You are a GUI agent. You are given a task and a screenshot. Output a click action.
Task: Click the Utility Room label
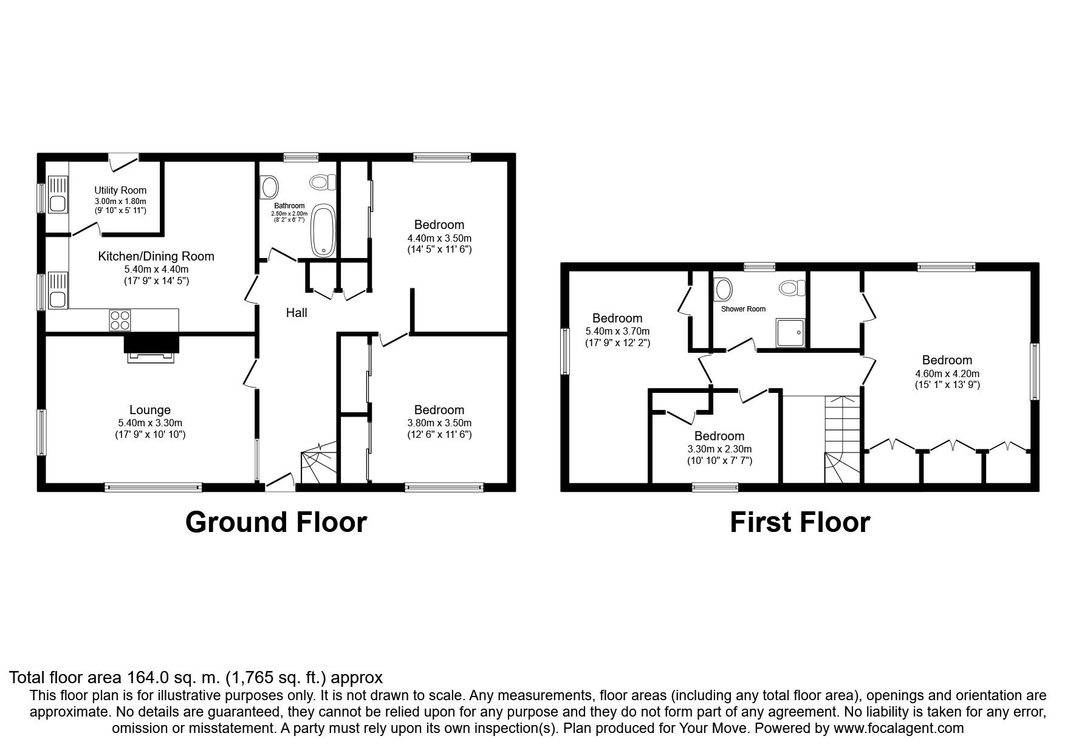tap(120, 190)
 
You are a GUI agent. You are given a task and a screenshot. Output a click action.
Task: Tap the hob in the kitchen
tap(120, 319)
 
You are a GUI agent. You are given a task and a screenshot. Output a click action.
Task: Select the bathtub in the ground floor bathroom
tap(323, 230)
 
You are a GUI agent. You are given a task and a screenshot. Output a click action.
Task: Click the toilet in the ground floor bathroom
tap(323, 182)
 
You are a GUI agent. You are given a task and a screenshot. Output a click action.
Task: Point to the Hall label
tap(296, 313)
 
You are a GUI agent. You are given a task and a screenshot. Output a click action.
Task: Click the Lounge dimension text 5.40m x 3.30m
tap(150, 423)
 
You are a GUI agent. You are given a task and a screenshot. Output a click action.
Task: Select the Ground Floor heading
tap(276, 522)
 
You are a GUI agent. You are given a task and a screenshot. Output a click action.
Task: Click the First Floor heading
tap(800, 522)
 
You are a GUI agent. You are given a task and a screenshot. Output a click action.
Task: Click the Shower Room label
tap(743, 309)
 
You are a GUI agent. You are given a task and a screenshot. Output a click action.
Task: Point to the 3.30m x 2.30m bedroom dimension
tap(719, 449)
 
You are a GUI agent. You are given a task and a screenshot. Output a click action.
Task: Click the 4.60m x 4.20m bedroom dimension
tap(947, 374)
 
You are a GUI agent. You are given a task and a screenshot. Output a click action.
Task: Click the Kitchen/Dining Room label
tap(156, 256)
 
